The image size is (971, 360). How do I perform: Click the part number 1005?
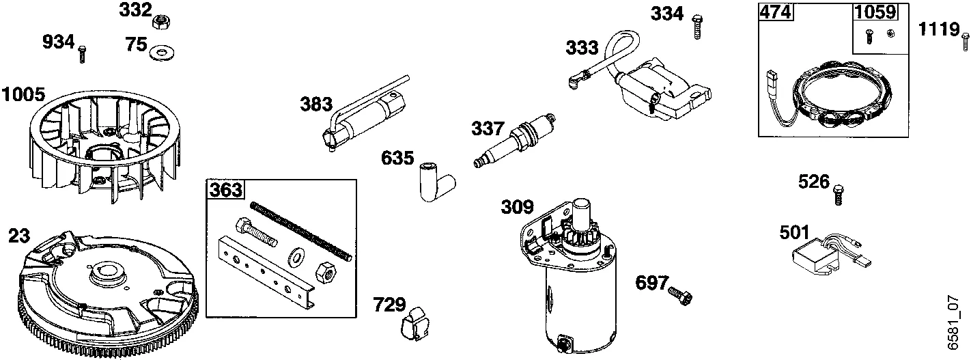pos(24,95)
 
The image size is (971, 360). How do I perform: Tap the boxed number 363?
pos(225,190)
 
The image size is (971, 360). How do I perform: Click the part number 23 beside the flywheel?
pos(19,237)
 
